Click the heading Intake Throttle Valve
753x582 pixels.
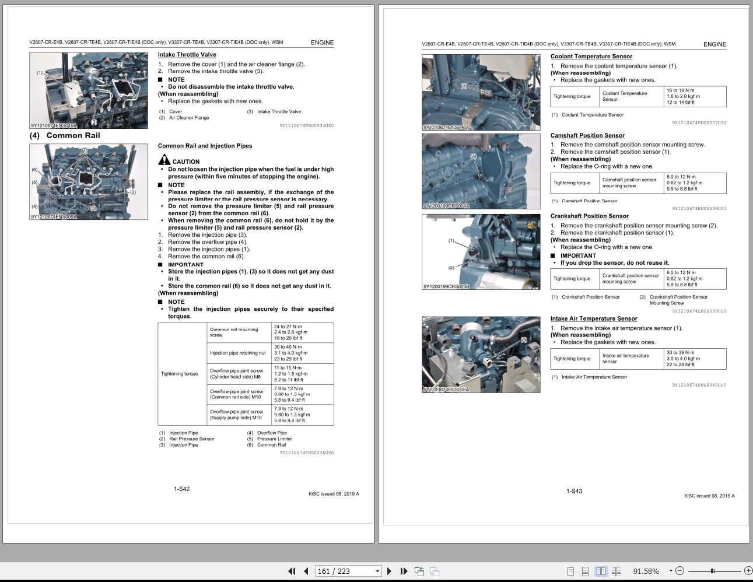pos(187,55)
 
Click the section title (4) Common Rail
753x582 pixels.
pos(65,135)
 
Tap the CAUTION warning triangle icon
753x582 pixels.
pos(164,160)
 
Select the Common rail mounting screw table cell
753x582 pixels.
pos(240,332)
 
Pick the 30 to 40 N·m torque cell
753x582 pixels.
pos(303,353)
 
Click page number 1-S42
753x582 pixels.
pos(181,489)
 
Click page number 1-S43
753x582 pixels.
pos(574,491)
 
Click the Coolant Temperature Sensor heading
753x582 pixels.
pos(591,57)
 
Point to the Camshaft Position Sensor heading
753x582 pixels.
pos(587,135)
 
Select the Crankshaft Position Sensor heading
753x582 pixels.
pos(589,216)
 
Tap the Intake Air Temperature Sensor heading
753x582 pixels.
pos(593,318)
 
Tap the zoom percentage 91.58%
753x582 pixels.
pos(646,571)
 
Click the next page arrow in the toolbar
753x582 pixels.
pos(389,571)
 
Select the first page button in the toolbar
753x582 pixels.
pos(291,571)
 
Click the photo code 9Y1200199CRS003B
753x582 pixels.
pos(446,286)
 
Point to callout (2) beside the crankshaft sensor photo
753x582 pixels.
pos(451,268)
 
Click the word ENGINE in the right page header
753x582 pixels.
pos(714,44)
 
